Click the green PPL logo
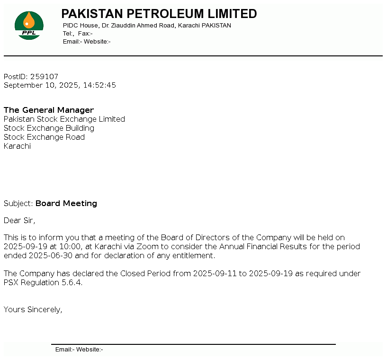click(29, 26)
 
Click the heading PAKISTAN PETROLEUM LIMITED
click(159, 14)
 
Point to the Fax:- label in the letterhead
click(85, 34)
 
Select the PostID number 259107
click(44, 76)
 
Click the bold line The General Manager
click(49, 110)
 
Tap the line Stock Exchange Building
click(49, 128)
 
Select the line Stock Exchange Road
click(44, 137)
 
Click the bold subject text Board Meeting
click(66, 204)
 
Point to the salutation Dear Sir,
click(19, 220)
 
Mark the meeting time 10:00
click(71, 247)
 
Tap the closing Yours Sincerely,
click(33, 310)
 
